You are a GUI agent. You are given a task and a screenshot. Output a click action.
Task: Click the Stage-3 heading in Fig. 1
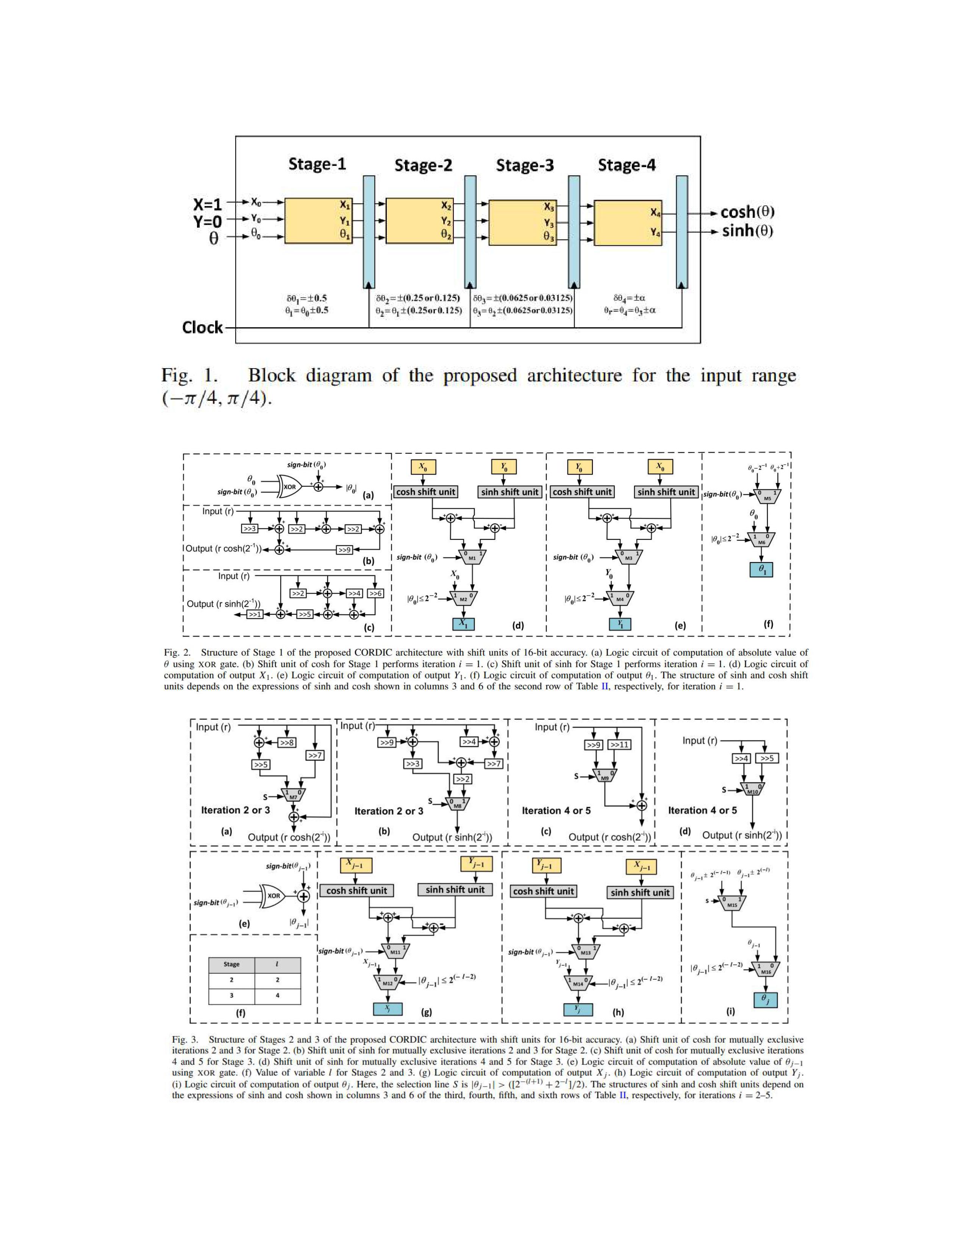click(524, 166)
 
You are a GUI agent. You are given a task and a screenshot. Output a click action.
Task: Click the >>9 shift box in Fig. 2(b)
click(344, 550)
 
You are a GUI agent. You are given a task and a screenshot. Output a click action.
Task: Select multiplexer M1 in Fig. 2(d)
click(472, 556)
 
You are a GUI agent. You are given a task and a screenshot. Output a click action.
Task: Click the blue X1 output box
click(463, 624)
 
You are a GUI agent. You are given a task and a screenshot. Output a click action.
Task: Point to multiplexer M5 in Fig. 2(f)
click(767, 496)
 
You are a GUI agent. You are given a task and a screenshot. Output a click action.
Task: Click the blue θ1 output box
click(761, 569)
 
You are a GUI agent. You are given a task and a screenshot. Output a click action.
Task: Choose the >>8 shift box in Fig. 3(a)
click(287, 743)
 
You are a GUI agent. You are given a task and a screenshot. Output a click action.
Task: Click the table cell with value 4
click(278, 996)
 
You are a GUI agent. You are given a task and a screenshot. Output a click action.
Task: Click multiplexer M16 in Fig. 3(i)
click(766, 969)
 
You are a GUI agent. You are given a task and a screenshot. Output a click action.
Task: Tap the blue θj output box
click(765, 1000)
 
